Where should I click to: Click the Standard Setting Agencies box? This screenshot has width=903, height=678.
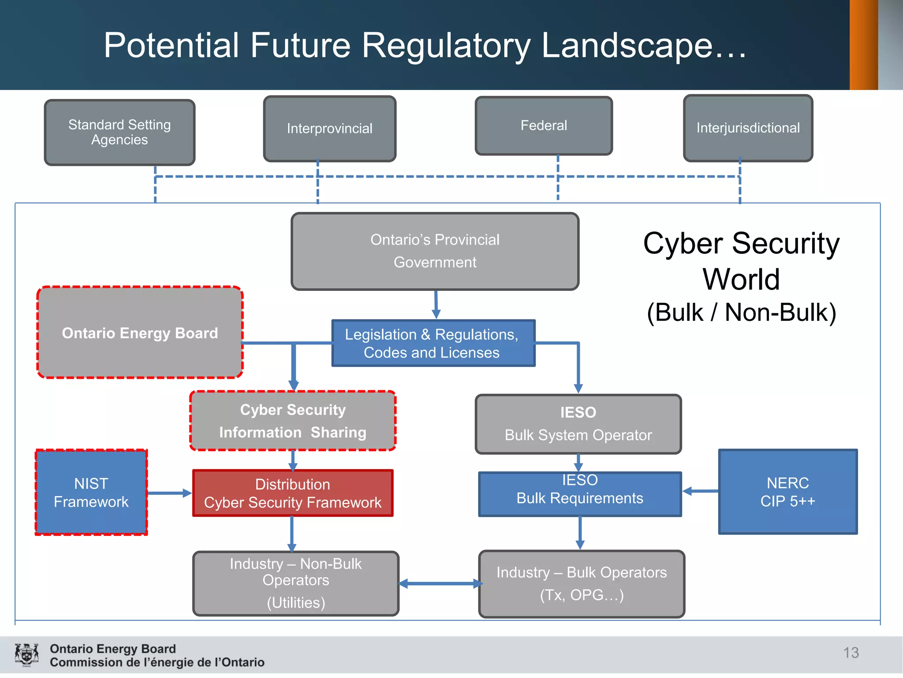coord(119,132)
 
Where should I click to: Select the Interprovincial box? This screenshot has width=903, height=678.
coord(329,128)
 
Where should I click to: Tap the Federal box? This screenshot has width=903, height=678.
coord(544,126)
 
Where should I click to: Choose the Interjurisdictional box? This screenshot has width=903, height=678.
coord(748,128)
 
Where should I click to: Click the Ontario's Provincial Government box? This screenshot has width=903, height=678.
coord(435,251)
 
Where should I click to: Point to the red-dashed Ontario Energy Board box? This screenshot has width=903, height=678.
coord(140,333)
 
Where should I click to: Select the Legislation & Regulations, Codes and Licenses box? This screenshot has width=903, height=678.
coord(433,343)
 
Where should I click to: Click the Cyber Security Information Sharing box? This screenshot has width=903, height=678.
coord(293,421)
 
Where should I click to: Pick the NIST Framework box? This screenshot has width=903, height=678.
coord(91,493)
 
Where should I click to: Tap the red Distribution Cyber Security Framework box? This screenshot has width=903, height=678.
coord(293,493)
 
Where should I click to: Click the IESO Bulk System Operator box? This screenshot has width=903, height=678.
coord(578,424)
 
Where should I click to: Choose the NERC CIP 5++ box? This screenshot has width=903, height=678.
coord(787,492)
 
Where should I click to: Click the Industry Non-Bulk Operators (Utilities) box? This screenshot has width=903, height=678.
coord(296,583)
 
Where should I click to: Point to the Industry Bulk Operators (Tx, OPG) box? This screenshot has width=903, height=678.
coord(582,584)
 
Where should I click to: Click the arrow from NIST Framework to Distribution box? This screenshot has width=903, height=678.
coord(169,493)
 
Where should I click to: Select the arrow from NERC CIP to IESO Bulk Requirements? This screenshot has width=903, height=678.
coord(701,491)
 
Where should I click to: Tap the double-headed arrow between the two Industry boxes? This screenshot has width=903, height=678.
coord(440,584)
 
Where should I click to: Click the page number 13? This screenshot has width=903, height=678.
coord(851,652)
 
